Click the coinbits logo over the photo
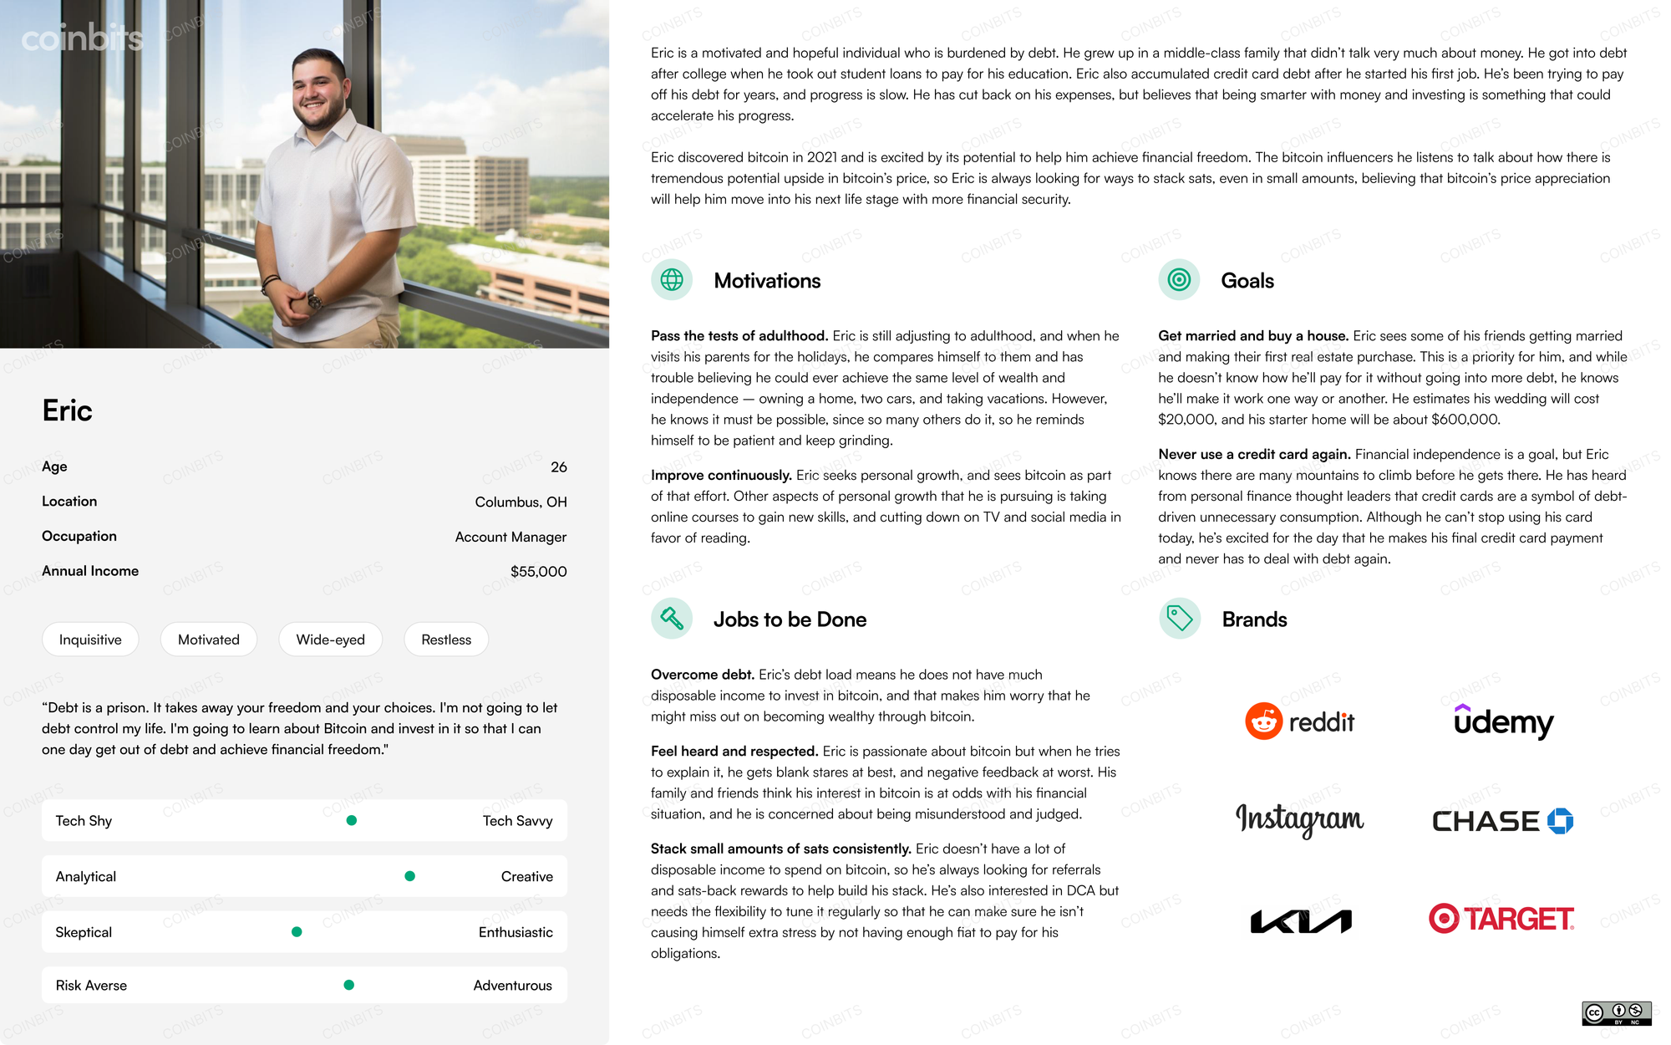tap(82, 38)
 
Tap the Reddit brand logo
tap(1299, 721)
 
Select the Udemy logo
tap(1503, 721)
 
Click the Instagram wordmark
tap(1299, 819)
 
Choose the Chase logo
tap(1502, 821)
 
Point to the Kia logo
tap(1301, 921)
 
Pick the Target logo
tap(1501, 919)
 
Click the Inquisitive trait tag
tap(90, 640)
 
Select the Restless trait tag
tap(446, 640)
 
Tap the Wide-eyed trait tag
tap(330, 640)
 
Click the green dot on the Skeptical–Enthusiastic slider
tap(297, 932)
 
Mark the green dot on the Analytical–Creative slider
tap(409, 876)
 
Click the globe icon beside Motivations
tap(672, 280)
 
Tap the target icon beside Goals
tap(1179, 280)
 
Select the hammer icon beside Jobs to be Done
tap(672, 619)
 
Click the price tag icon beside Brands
tap(1180, 619)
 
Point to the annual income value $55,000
tap(538, 572)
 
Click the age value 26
tap(558, 467)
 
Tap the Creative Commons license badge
tap(1616, 1013)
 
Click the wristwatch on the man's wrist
tap(314, 298)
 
